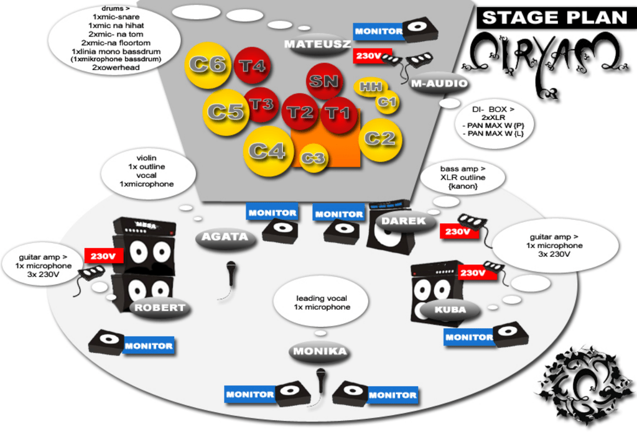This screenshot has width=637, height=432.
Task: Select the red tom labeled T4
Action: click(253, 66)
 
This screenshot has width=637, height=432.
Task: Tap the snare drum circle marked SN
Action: click(325, 81)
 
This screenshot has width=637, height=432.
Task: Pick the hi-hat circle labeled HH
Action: click(371, 87)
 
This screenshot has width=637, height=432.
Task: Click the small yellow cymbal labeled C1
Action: click(387, 103)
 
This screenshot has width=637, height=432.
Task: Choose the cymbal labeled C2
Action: click(380, 139)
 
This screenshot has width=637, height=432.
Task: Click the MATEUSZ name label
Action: click(318, 44)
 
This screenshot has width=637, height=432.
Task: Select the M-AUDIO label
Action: click(439, 84)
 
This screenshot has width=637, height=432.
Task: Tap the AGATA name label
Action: click(225, 237)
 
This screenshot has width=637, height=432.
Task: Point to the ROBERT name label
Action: click(160, 308)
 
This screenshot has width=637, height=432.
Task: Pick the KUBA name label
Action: click(450, 310)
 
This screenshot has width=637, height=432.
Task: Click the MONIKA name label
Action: click(320, 352)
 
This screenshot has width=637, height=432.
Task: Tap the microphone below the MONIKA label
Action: click(321, 380)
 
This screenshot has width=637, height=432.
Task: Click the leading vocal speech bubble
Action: click(322, 303)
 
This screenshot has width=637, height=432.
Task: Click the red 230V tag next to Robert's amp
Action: click(104, 255)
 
